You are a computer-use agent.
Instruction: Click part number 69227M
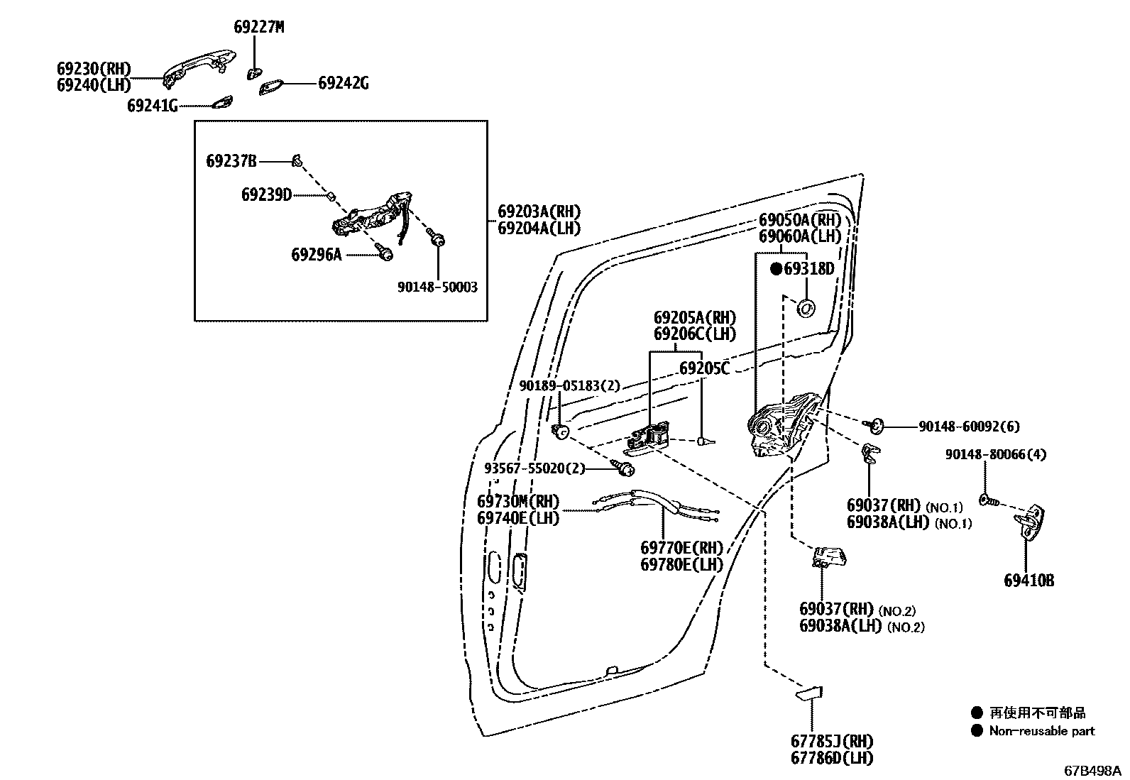click(258, 28)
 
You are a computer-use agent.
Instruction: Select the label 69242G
click(343, 83)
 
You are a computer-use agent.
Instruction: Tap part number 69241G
click(153, 106)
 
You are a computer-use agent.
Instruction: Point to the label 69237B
click(231, 161)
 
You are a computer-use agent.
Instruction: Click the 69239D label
click(266, 194)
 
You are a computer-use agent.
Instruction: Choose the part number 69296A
click(317, 254)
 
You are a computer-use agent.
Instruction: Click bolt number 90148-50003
click(437, 287)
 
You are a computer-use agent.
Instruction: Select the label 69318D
click(808, 269)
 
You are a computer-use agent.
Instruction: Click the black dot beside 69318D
click(776, 269)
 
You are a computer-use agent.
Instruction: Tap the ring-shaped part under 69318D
click(806, 309)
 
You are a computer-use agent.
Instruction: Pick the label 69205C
click(704, 368)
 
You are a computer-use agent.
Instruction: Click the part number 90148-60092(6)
click(969, 427)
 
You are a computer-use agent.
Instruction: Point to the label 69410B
click(1028, 581)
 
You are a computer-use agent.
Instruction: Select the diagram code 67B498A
click(1092, 770)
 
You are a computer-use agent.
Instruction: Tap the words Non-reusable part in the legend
click(1042, 731)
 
